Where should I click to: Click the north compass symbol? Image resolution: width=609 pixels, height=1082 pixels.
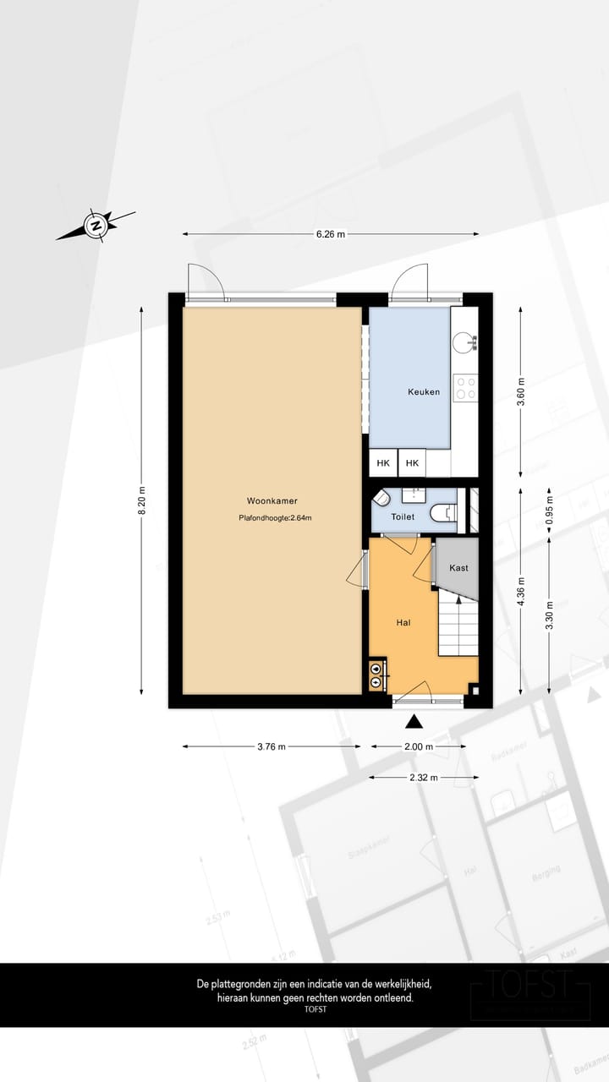[96, 226]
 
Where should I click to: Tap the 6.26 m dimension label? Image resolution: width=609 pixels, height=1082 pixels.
[331, 234]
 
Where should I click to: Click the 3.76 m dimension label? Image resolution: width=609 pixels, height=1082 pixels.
[271, 746]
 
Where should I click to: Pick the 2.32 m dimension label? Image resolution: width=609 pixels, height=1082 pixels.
[418, 776]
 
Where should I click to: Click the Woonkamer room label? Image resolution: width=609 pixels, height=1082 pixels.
[272, 500]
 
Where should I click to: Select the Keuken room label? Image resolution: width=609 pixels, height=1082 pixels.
[424, 391]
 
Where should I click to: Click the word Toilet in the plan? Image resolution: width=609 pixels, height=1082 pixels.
[403, 516]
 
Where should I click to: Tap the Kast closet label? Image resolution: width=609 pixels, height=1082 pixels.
[458, 568]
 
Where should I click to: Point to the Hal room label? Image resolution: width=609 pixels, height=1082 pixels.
[403, 622]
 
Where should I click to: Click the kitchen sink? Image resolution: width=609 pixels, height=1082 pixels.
[464, 342]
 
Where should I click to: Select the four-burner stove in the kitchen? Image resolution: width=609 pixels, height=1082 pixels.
[465, 388]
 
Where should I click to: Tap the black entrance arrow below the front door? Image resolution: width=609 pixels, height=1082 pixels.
[414, 721]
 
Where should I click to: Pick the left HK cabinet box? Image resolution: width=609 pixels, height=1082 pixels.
[383, 463]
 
